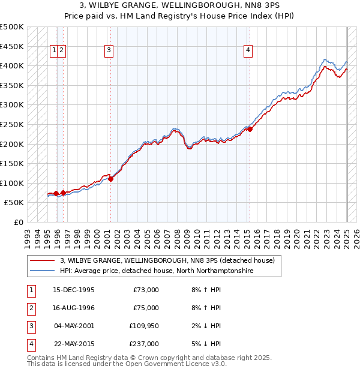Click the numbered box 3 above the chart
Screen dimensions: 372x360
pos(109,51)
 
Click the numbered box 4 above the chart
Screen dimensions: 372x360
pos(248,51)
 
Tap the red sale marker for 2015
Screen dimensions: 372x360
pos(250,129)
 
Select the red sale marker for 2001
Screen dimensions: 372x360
pos(110,179)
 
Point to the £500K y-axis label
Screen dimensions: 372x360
pos(12,27)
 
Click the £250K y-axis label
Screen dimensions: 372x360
pos(12,124)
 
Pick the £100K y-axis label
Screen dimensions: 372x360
pos(12,183)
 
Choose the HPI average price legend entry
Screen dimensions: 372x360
pos(157,271)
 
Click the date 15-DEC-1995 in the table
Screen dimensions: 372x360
pos(74,290)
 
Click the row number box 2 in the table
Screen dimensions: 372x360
pos(31,308)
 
